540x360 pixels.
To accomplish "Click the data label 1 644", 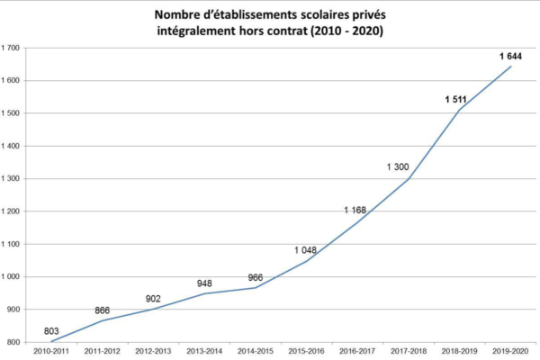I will click(x=511, y=57).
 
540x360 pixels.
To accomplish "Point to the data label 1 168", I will click(x=355, y=210).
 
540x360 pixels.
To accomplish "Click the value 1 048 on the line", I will click(x=307, y=249).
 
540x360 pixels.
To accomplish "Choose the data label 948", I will click(x=204, y=283).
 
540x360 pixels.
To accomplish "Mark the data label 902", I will click(x=153, y=299).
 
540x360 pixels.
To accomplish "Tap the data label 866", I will click(x=103, y=310).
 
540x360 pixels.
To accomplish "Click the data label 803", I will click(x=51, y=331).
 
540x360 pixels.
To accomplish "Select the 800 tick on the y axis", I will click(x=15, y=342).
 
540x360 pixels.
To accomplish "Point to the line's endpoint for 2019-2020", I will click(x=510, y=67).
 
